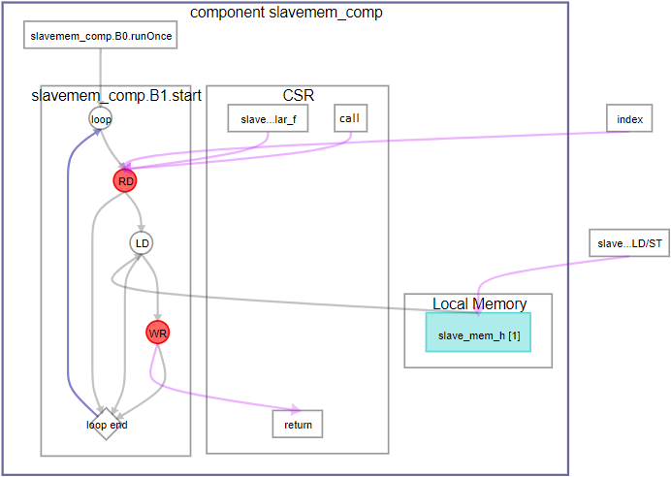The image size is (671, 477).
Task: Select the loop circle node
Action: pos(101,119)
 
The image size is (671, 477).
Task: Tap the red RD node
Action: pos(125,180)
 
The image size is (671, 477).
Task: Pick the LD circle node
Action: pos(142,241)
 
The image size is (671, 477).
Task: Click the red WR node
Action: pos(158,333)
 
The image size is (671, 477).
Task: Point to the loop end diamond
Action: pos(107,424)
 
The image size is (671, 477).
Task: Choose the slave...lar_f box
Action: pos(268,119)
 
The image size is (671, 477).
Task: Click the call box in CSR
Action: pos(349,118)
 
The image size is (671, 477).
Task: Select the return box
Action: pos(297,424)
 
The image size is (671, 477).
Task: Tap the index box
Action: pos(629,119)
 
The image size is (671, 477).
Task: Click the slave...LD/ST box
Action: pos(629,243)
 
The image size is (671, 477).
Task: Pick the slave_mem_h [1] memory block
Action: pos(478,335)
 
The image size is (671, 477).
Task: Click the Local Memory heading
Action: pos(479,303)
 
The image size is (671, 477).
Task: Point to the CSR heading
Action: pos(298,95)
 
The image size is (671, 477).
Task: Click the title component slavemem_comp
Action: pos(286,13)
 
